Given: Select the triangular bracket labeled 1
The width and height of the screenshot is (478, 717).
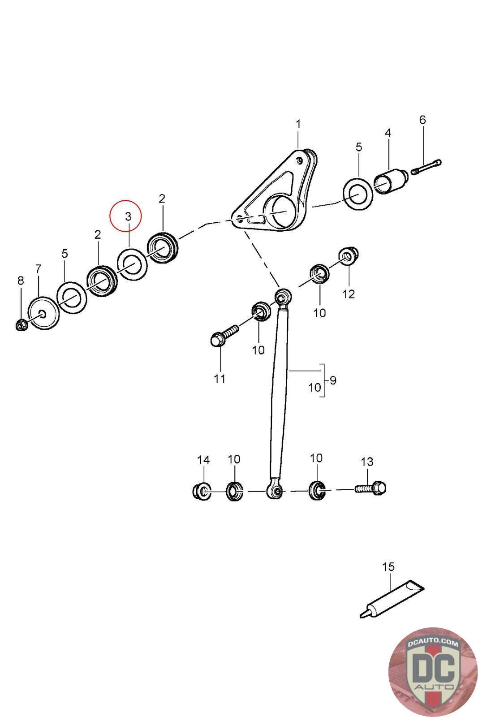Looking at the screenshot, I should pos(273,197).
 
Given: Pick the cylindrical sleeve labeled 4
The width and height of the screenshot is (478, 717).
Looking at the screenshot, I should pos(391,181).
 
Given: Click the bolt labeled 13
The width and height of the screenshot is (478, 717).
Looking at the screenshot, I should pos(371,488).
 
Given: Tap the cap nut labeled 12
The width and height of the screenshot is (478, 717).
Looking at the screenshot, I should pos(349,255).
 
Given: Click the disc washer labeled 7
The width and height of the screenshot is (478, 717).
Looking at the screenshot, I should pos(44,313).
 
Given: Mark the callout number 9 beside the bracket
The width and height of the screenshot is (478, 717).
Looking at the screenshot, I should pos(333,380).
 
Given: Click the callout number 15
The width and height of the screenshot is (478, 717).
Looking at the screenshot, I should pos(388,567).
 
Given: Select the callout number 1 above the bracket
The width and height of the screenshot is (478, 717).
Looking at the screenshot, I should pos(298,124).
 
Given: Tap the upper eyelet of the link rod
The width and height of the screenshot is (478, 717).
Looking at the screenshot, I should pos(282,296).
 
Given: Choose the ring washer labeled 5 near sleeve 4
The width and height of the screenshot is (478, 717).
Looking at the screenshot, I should pos(358,193).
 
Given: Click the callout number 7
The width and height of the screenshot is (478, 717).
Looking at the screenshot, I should pos(38,269).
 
